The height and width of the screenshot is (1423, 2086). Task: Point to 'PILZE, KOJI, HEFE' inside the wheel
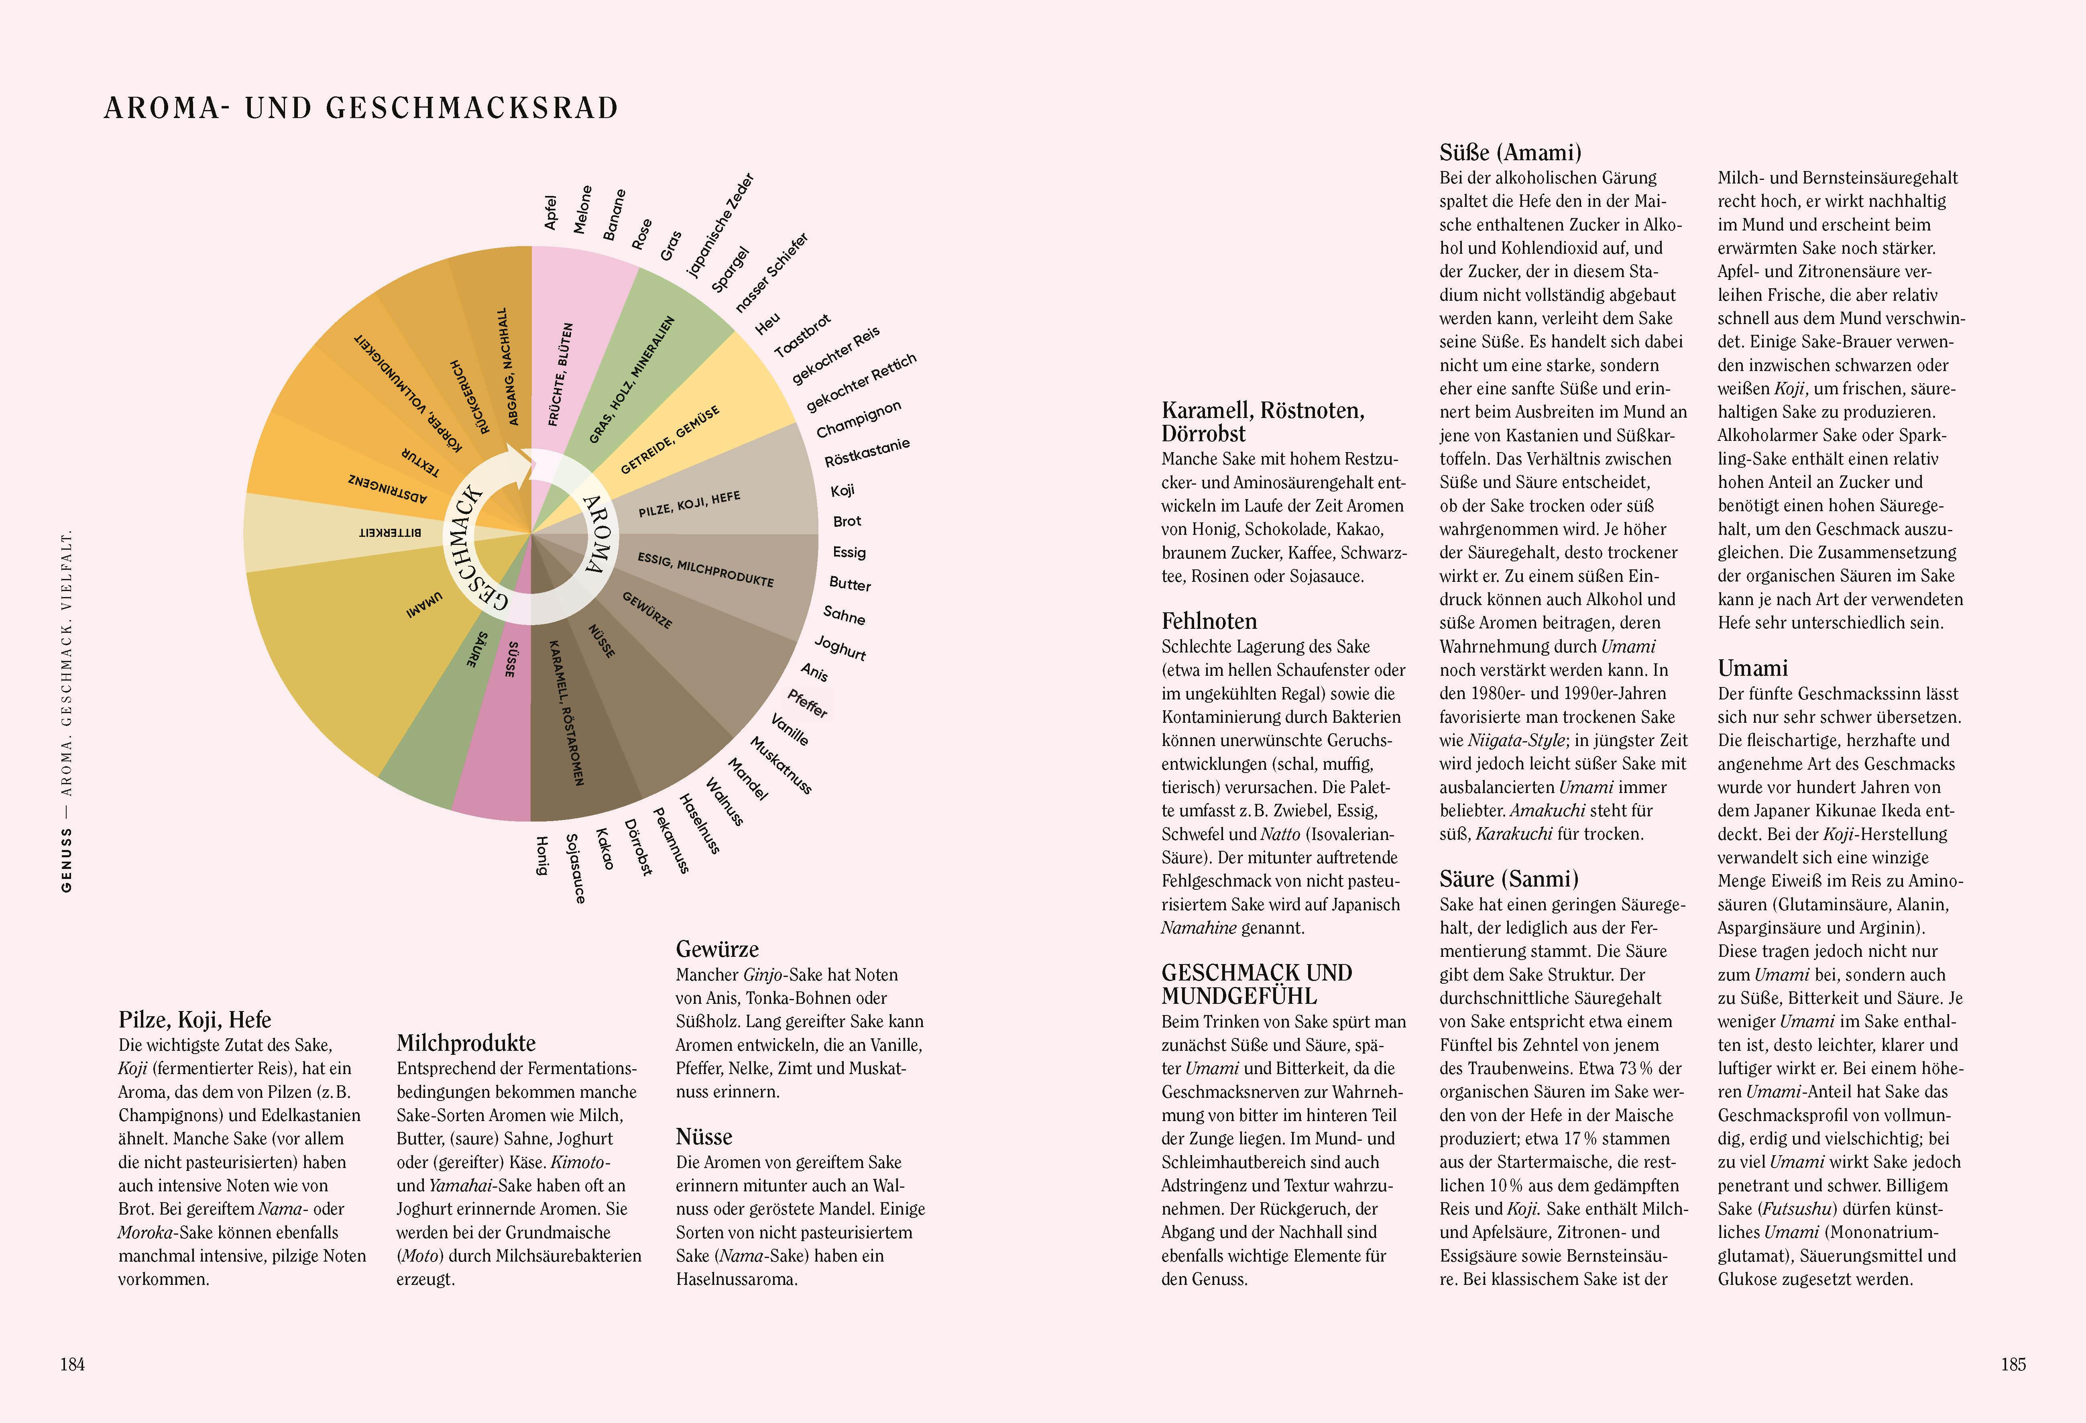689,505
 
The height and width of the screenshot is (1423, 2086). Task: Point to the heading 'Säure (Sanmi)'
1508,879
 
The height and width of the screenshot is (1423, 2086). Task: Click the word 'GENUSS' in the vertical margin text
66,860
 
